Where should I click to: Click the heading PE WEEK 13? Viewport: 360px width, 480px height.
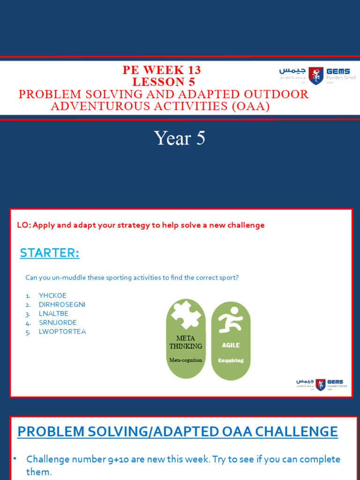click(162, 70)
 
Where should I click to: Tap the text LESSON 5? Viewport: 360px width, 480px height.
click(164, 82)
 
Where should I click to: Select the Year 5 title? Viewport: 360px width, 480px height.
click(180, 138)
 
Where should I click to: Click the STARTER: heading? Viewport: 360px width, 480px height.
click(49, 253)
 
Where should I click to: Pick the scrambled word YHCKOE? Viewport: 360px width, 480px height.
click(52, 295)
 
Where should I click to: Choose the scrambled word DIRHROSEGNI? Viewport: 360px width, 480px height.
click(62, 304)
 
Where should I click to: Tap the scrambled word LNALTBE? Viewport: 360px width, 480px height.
click(53, 314)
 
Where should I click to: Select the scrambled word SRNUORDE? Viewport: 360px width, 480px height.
click(58, 322)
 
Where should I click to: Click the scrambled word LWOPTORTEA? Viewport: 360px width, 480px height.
click(62, 332)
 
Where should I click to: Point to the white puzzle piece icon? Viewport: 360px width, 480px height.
click(186, 315)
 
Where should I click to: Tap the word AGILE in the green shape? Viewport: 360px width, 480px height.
click(231, 345)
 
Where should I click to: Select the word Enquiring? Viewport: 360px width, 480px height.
click(231, 360)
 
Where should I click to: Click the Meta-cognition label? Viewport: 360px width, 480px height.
click(186, 360)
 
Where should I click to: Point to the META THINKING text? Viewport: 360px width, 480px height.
click(186, 342)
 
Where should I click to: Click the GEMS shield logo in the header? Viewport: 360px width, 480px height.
click(315, 75)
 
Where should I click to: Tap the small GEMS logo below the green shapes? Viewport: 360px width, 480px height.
click(321, 384)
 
